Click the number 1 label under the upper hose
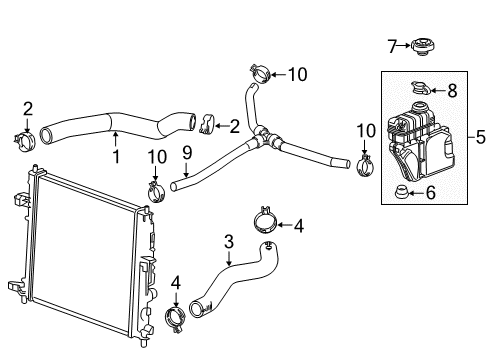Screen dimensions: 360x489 (116, 158)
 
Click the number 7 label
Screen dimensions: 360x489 (392, 44)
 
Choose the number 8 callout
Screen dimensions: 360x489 (453, 90)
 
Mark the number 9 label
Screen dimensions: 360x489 (186, 152)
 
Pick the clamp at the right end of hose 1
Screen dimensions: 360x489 (206, 126)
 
